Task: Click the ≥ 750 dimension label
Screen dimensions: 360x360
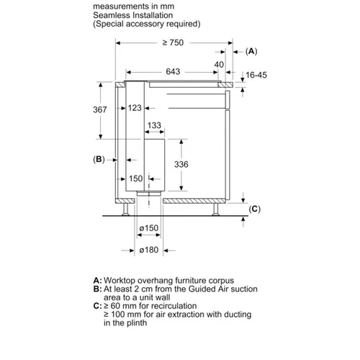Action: click(173, 42)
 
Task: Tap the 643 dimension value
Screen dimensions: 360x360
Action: click(173, 71)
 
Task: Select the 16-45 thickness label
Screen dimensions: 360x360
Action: click(256, 75)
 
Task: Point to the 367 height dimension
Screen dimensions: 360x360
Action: click(100, 109)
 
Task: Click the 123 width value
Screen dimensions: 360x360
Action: click(135, 108)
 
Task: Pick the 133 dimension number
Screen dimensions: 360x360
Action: click(154, 125)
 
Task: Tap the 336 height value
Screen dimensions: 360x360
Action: click(181, 164)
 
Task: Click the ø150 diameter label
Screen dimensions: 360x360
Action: click(149, 228)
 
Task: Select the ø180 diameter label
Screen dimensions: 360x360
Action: click(149, 250)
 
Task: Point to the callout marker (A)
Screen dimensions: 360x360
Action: click(251, 51)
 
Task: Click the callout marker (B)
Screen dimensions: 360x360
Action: click(99, 159)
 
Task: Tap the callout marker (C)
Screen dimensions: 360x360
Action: click(255, 209)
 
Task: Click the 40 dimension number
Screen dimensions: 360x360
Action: click(219, 65)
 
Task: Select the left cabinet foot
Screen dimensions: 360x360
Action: click(125, 210)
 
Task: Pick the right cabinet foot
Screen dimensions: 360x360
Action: click(215, 210)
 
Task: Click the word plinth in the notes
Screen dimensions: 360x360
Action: click(135, 323)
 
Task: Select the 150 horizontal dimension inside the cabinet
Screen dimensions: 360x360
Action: click(136, 179)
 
